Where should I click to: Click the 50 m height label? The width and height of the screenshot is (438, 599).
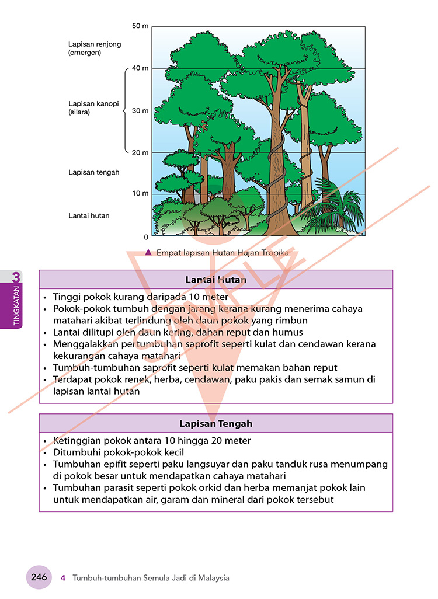[x=140, y=26]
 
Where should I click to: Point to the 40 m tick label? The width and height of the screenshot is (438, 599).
[x=140, y=68]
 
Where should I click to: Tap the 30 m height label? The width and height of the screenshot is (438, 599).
[x=140, y=111]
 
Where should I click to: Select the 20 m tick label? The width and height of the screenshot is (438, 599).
[x=140, y=153]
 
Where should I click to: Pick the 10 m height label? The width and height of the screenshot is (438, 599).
[x=140, y=193]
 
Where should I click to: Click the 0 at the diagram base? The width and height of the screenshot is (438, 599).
[x=146, y=237]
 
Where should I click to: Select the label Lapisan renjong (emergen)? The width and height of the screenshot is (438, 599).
[x=95, y=48]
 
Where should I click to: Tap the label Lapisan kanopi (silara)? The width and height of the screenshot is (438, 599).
[x=93, y=108]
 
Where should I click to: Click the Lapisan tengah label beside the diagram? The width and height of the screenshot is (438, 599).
[x=93, y=172]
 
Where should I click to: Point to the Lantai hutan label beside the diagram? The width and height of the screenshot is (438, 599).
[x=89, y=215]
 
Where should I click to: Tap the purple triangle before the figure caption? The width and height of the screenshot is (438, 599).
[x=148, y=252]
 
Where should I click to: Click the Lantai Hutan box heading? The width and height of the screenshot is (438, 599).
[x=215, y=280]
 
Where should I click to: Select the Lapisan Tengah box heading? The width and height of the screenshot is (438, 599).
[x=215, y=424]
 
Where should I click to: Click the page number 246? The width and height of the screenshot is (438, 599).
[x=39, y=577]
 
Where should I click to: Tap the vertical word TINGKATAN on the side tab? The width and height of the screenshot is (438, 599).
[x=16, y=305]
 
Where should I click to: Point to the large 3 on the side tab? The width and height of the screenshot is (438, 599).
[x=16, y=277]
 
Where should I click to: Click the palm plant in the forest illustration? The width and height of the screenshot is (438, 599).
[x=335, y=206]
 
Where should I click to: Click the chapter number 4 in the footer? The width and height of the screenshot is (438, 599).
[x=63, y=578]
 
